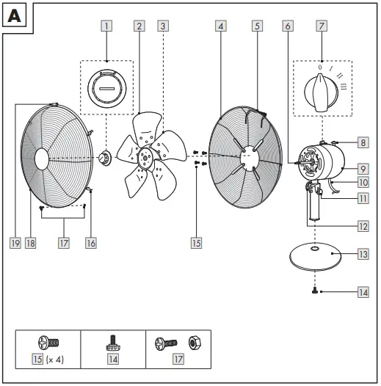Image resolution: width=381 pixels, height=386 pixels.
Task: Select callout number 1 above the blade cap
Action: [x=107, y=26]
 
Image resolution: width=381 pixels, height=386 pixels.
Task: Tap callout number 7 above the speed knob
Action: [x=320, y=26]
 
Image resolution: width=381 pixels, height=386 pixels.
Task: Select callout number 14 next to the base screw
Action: [x=363, y=292]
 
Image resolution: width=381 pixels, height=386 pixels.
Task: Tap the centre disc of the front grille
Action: [x=42, y=158]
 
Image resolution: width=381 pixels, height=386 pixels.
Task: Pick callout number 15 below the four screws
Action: [x=196, y=242]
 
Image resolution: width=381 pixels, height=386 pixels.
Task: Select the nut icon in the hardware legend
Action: [x=195, y=343]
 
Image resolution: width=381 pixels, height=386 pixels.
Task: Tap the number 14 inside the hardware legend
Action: [x=112, y=360]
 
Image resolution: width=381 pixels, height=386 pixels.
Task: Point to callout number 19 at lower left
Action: [x=15, y=242]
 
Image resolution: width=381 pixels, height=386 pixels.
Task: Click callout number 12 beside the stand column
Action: [x=363, y=227]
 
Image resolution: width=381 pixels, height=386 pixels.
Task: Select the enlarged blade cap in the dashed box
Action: [x=106, y=87]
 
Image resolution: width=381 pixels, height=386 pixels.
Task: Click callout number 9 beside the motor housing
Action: [x=363, y=167]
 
